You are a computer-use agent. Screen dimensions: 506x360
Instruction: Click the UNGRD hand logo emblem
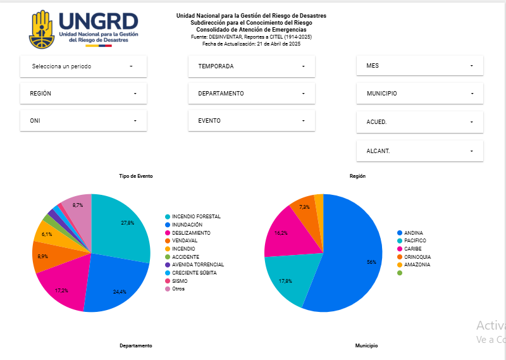42,29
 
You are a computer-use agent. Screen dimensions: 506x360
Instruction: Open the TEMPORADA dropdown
251,66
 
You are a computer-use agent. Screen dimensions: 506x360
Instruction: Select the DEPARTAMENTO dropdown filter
251,93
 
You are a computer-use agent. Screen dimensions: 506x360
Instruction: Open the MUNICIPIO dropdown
420,93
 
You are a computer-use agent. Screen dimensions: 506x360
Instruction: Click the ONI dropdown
83,120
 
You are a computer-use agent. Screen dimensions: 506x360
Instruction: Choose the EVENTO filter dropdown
251,120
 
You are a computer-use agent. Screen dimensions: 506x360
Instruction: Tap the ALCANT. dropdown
420,151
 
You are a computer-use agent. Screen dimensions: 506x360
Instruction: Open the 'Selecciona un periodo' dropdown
83,66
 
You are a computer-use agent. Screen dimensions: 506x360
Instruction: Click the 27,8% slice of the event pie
123,226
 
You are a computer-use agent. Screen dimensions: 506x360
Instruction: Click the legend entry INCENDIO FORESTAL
193,216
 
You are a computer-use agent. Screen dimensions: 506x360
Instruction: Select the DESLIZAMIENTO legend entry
188,233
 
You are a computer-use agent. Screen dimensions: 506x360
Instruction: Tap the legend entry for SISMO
176,281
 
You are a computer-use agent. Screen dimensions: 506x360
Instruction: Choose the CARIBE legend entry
409,249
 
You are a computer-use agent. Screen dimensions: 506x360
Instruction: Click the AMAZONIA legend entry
414,264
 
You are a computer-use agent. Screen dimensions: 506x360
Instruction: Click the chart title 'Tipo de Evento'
136,176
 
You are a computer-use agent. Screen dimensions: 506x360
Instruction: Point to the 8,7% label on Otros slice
78,205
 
